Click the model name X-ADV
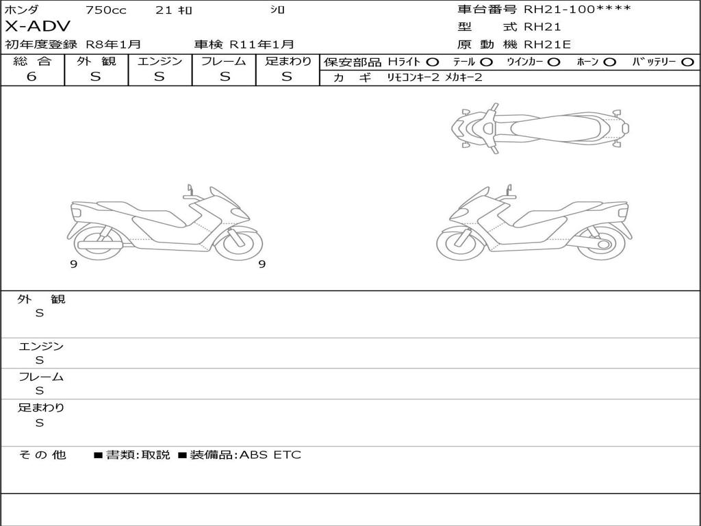tap(38, 27)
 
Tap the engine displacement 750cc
tap(105, 10)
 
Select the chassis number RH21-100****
tap(577, 9)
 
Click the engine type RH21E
tap(547, 45)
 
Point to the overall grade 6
tap(31, 77)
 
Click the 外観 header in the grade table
tap(96, 61)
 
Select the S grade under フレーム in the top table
tap(225, 77)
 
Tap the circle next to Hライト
tap(432, 62)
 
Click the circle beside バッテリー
tap(687, 62)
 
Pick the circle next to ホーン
tap(610, 62)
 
